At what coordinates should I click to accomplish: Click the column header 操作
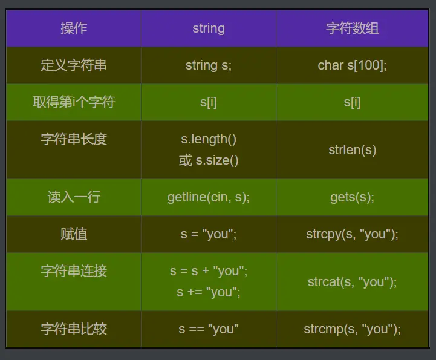74,28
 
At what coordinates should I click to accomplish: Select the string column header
209,28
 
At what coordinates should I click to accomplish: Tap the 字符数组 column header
352,28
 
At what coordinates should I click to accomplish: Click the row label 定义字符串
74,65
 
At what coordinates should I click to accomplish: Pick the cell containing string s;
209,65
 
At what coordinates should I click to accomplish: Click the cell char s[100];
352,65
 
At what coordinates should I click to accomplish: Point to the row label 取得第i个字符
74,102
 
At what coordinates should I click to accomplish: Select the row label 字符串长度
74,139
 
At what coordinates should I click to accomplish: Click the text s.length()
209,139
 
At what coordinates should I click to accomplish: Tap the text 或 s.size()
209,160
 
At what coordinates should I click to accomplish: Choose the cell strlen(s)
352,150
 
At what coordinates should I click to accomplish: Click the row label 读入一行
74,197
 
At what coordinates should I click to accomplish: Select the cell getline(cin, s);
209,197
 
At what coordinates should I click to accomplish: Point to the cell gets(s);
352,197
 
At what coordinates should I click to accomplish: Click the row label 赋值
74,234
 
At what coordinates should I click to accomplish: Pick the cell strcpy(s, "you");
352,234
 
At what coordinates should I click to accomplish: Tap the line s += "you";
209,292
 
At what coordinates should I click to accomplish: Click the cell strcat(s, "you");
352,282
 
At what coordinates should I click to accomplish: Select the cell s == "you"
209,329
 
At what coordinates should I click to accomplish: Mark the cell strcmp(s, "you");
352,329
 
